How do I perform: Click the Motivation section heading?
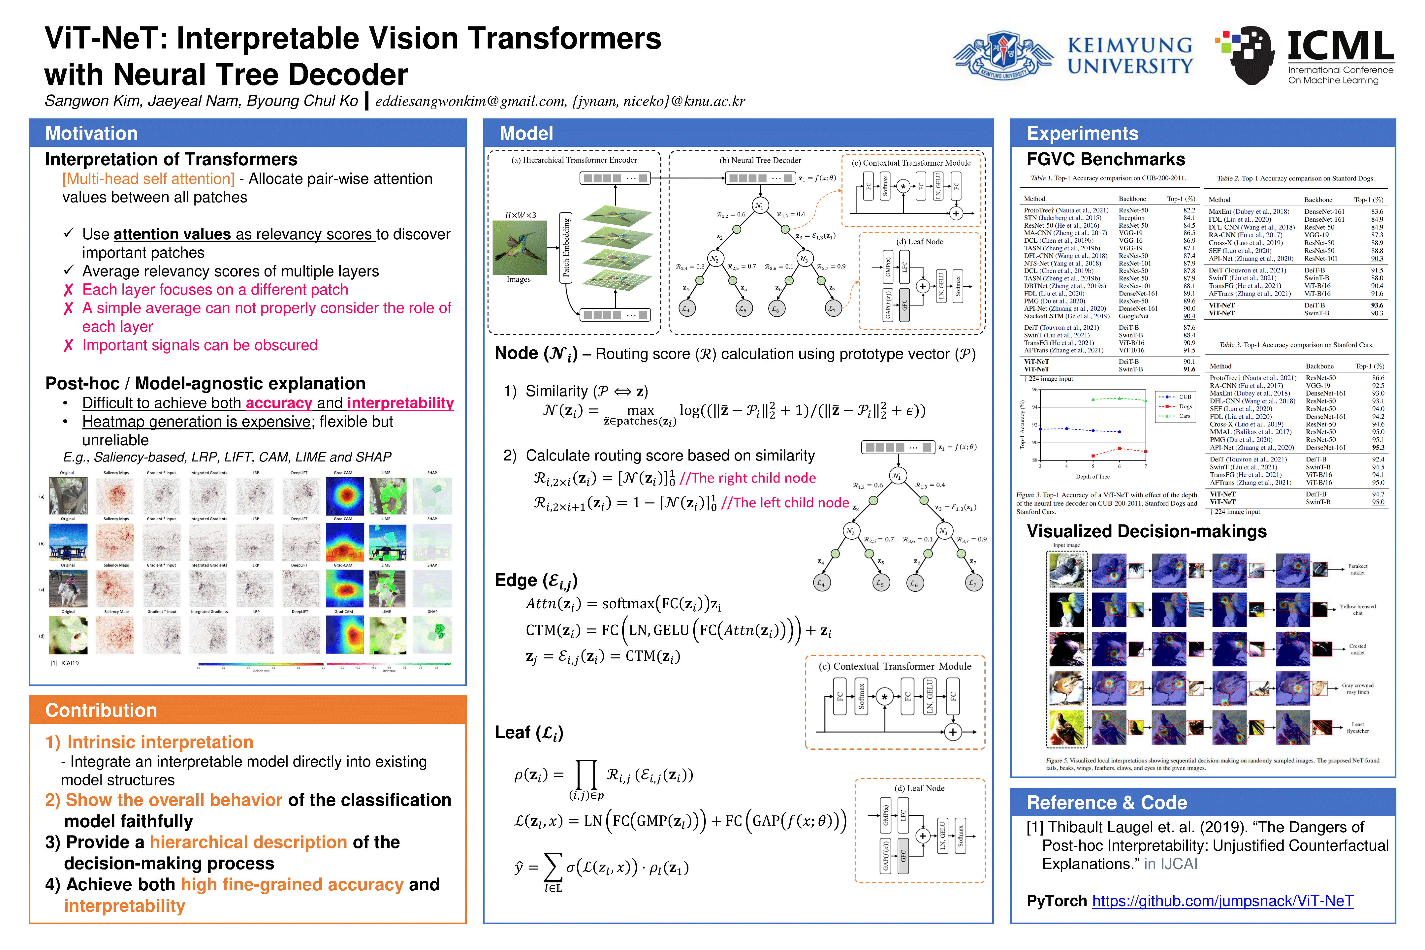(91, 133)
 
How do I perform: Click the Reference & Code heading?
(1106, 803)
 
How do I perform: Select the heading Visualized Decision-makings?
(1146, 531)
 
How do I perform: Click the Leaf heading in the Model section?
(528, 733)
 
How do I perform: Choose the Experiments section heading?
(1082, 133)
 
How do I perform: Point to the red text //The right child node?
(748, 478)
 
